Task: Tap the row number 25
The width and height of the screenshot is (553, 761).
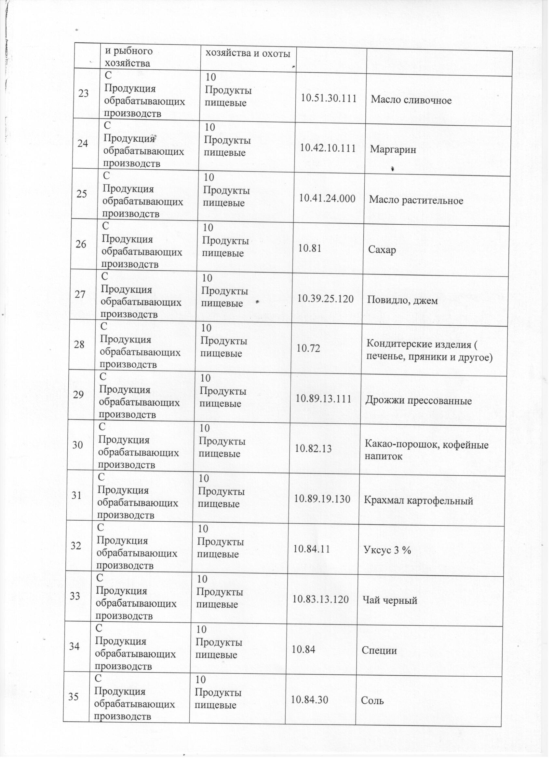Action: (82, 194)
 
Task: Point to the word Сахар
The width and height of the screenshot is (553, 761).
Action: (382, 250)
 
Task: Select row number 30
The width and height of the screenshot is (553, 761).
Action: (78, 445)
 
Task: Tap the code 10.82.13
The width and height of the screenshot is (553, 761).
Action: (313, 449)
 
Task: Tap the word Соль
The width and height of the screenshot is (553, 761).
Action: (372, 701)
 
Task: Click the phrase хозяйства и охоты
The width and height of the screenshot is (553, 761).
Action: (247, 54)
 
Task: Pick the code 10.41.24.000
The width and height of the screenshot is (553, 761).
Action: (327, 199)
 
